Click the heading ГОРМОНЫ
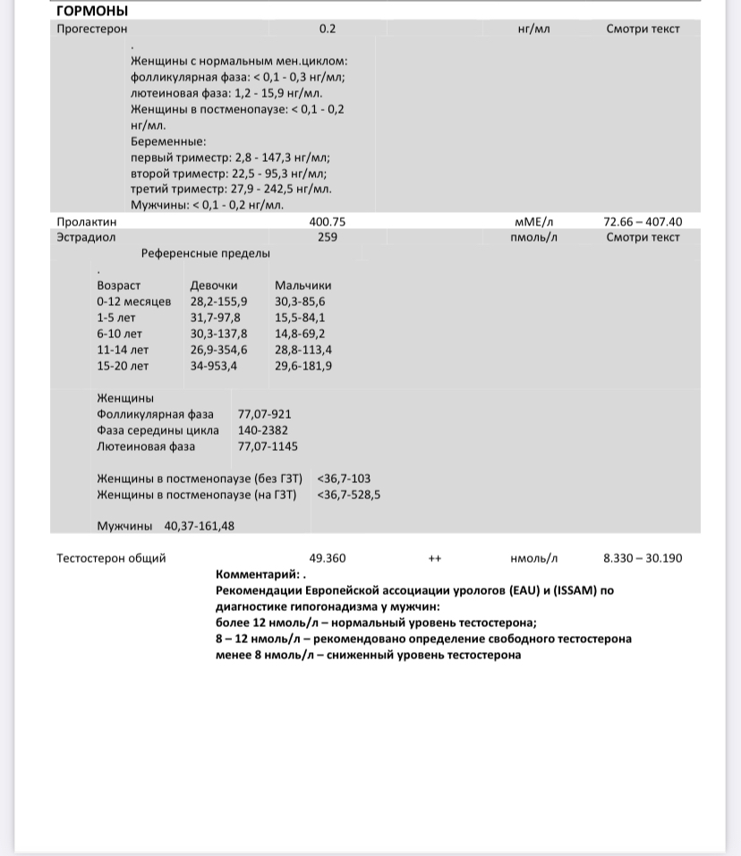click(92, 11)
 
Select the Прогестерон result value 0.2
click(328, 29)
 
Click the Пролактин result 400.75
click(328, 222)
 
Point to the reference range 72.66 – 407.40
click(643, 222)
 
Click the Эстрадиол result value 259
click(328, 237)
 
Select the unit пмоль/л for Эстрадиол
click(533, 237)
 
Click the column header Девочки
click(214, 285)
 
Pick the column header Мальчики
click(302, 285)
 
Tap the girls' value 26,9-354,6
click(219, 350)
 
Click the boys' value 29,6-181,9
click(303, 366)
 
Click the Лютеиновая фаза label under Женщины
click(146, 446)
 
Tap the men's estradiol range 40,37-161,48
click(200, 526)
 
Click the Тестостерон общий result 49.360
click(328, 558)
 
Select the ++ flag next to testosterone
click(435, 558)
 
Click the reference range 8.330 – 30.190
click(643, 558)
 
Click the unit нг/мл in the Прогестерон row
click(533, 29)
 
